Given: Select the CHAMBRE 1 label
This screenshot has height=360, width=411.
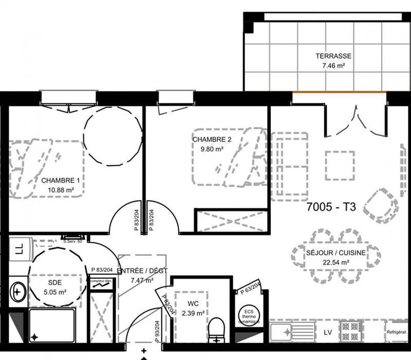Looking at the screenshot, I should [61, 181].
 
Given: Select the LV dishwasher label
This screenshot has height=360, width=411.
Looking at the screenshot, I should [328, 332].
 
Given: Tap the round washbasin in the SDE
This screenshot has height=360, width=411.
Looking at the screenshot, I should [18, 293].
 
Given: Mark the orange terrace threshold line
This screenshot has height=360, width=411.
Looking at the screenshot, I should [339, 92].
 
